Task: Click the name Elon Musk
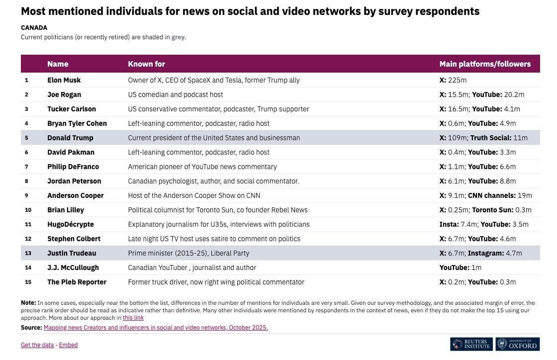click(x=64, y=80)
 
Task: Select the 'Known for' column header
click(x=146, y=64)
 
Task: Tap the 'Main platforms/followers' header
click(x=484, y=64)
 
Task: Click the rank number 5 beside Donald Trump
click(x=27, y=138)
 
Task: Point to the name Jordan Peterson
click(x=74, y=181)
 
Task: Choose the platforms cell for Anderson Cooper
click(x=485, y=195)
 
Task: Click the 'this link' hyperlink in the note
click(x=133, y=318)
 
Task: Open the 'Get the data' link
click(x=37, y=345)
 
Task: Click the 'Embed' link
click(x=68, y=345)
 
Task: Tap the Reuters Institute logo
click(x=471, y=344)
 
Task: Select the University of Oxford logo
click(x=517, y=344)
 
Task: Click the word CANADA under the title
click(x=34, y=28)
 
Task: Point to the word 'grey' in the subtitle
click(x=178, y=37)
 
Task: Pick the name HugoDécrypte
click(x=71, y=224)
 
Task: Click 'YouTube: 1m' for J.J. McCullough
click(x=460, y=268)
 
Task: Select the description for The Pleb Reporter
click(x=216, y=282)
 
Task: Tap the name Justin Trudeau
click(x=72, y=253)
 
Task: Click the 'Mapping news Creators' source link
click(x=156, y=328)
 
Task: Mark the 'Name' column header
click(x=58, y=64)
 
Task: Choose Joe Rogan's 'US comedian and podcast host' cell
click(x=175, y=94)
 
